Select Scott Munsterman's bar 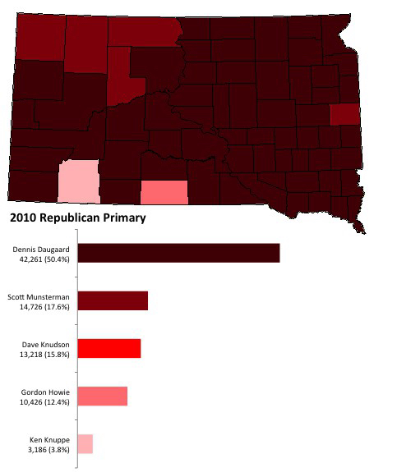click(112, 300)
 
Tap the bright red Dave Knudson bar click(109, 348)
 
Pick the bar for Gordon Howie click(102, 396)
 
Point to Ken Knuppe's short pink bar click(85, 443)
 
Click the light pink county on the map click(79, 181)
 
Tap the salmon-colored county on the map click(164, 192)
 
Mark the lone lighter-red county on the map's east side click(344, 114)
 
